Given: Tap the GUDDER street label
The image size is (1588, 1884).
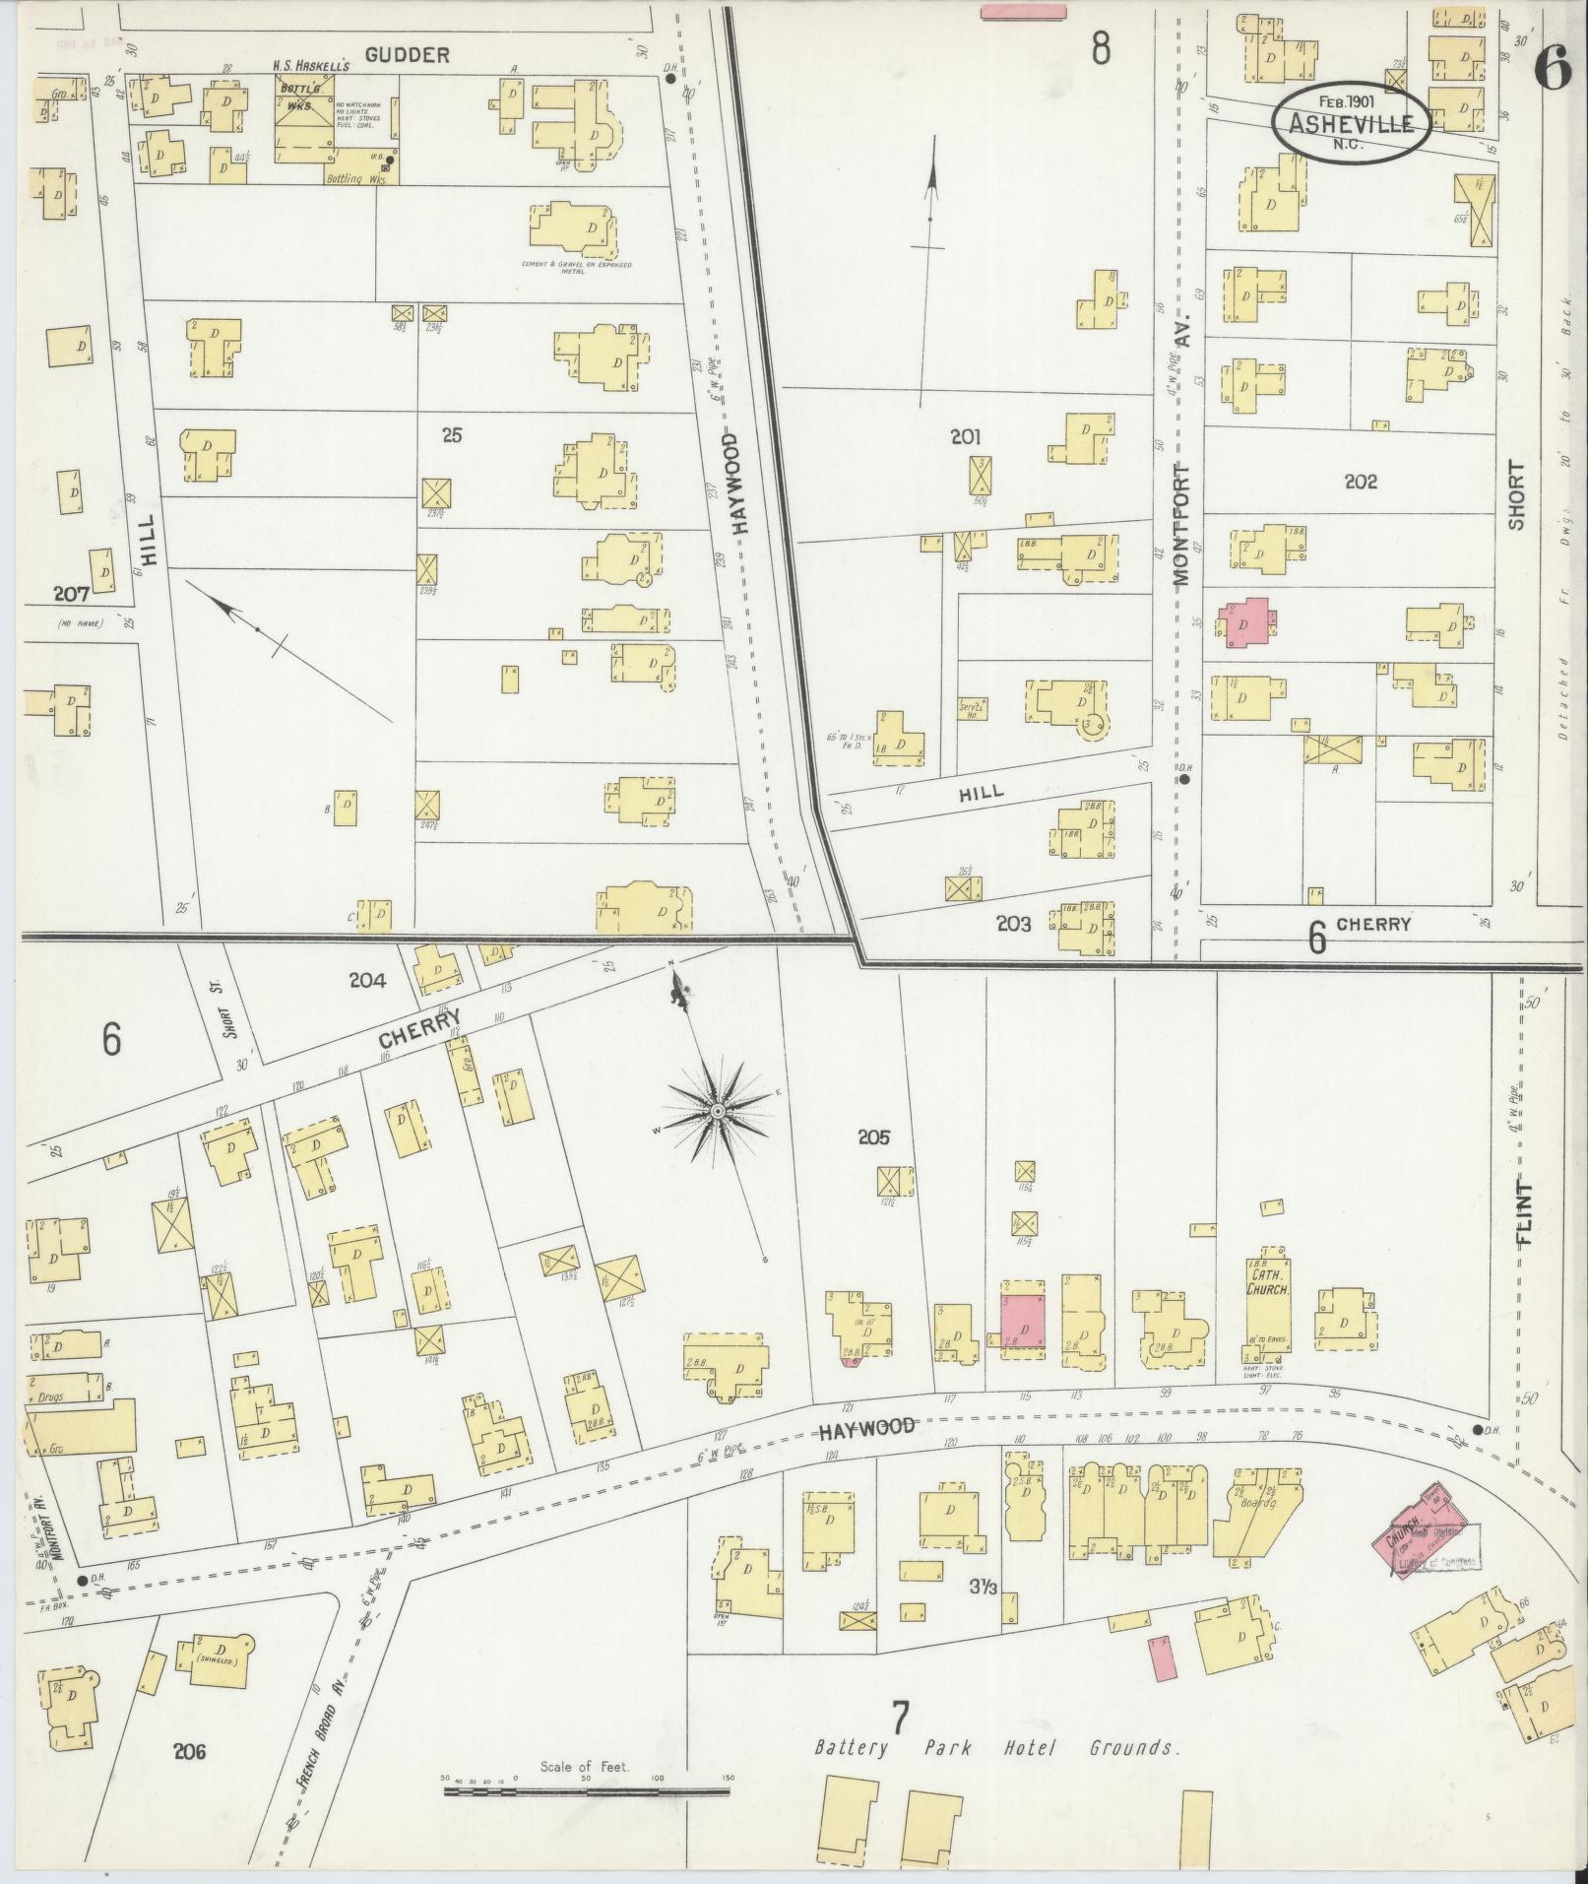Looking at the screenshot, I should [407, 55].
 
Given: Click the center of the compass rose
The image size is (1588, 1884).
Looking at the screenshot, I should [719, 1111].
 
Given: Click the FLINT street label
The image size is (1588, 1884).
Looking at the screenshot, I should [1527, 1210].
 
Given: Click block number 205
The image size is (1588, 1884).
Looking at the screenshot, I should [872, 1137].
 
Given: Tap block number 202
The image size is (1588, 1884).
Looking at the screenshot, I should [1361, 482].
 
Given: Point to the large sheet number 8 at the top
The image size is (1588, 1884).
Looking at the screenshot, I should [1101, 47].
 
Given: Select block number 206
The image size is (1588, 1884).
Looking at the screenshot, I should [190, 1752].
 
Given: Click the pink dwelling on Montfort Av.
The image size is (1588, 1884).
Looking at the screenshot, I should [1245, 623].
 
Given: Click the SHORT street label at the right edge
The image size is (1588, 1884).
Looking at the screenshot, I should [1515, 495].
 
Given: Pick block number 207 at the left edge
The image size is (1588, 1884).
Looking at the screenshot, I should [72, 594].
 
